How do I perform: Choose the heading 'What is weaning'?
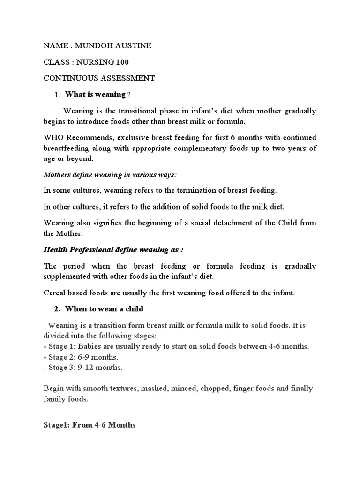pos(95,95)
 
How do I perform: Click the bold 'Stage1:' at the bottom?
pos(57,425)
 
